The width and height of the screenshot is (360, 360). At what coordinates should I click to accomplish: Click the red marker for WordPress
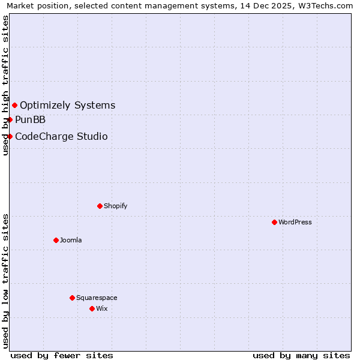click(274, 222)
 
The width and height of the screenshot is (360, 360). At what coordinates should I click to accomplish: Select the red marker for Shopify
click(100, 206)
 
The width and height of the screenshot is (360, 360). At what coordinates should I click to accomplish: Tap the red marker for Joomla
click(56, 240)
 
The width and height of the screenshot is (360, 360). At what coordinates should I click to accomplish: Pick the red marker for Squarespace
click(72, 298)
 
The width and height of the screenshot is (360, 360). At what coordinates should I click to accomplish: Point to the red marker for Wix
click(92, 308)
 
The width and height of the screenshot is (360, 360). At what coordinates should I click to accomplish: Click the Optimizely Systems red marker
click(14, 106)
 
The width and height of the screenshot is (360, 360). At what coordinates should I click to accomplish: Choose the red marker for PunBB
click(10, 119)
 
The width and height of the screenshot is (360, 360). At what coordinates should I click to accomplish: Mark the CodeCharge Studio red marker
click(10, 136)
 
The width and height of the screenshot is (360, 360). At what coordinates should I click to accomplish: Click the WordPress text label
click(295, 222)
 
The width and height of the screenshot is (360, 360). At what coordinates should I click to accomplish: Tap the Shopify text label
click(116, 206)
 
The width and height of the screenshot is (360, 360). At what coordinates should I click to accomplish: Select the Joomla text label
click(71, 240)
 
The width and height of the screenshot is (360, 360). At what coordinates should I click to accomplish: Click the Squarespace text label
click(97, 298)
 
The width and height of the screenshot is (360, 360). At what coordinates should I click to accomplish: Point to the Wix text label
click(102, 308)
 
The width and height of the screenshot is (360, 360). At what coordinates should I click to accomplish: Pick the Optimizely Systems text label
click(68, 106)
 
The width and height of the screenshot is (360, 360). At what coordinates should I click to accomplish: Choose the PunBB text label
click(31, 119)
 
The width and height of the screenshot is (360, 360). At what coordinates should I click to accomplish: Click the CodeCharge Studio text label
click(61, 136)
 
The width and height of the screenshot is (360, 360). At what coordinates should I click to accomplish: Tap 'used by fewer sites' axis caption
click(62, 355)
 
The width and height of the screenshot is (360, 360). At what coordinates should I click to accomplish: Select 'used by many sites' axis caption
click(301, 355)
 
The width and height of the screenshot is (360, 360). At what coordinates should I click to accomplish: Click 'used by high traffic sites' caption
click(6, 86)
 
